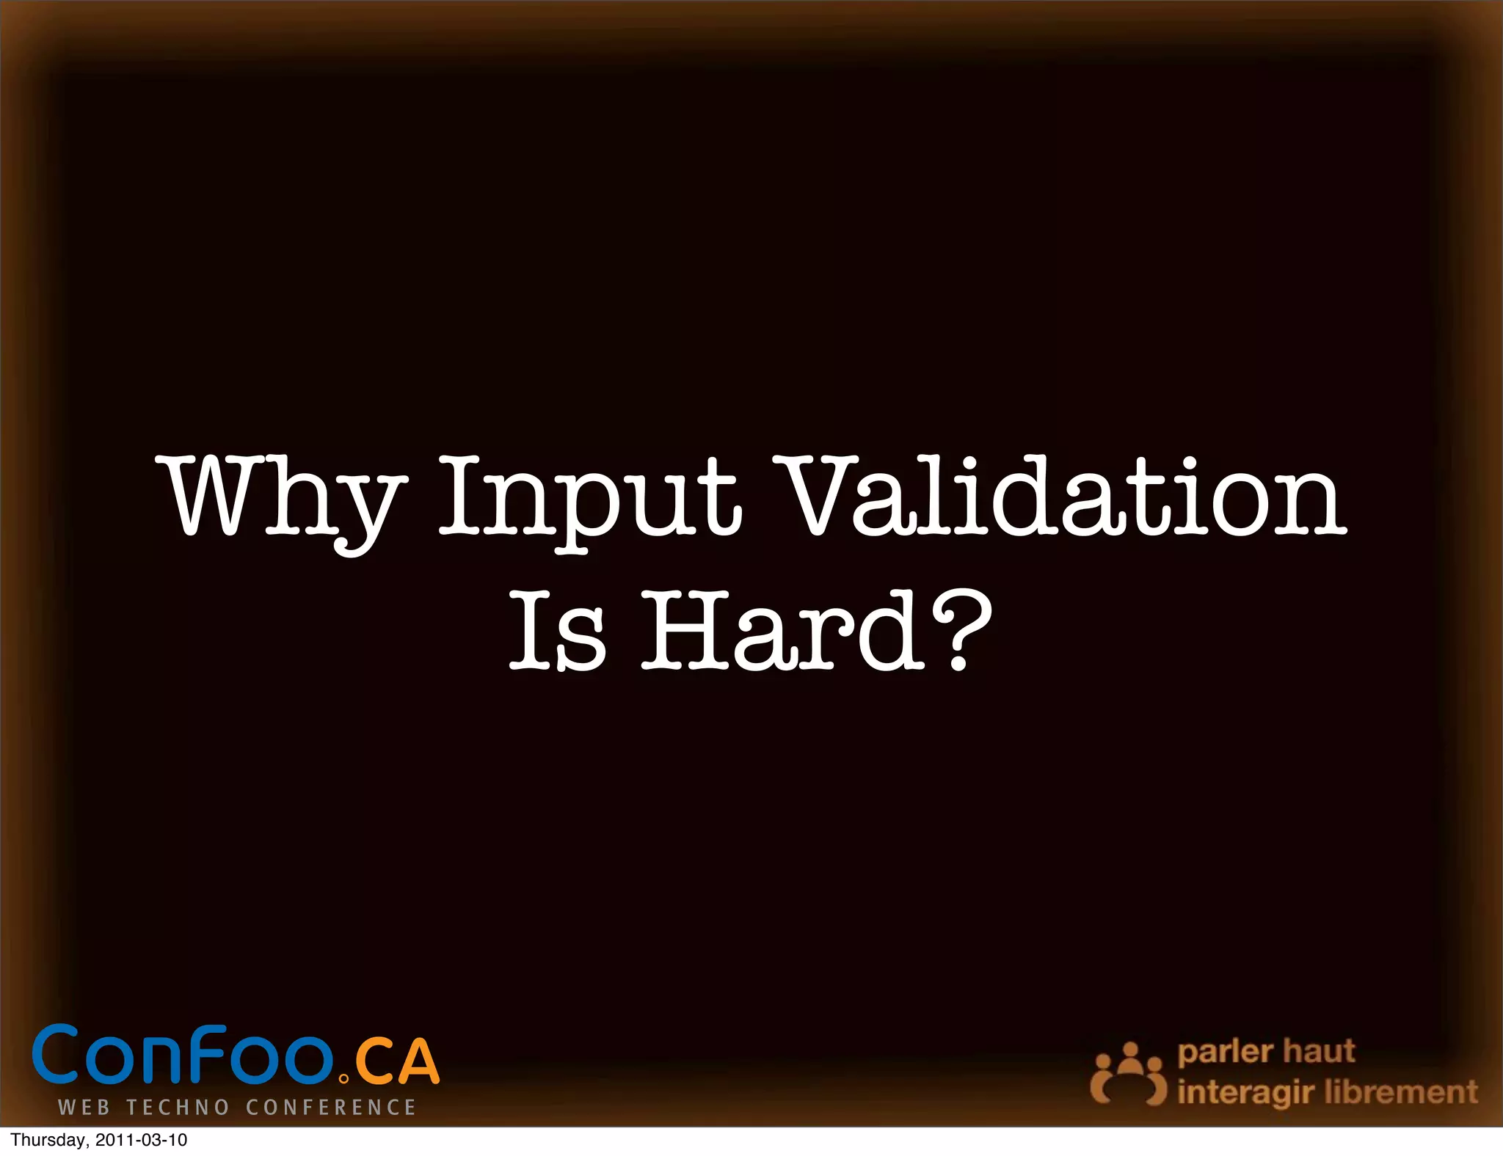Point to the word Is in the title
click(x=558, y=632)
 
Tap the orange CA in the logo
click(x=397, y=1061)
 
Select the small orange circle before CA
click(x=344, y=1079)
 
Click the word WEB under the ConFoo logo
click(x=84, y=1108)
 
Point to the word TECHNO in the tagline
click(x=178, y=1108)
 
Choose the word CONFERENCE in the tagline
click(x=331, y=1108)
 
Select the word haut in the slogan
click(x=1319, y=1050)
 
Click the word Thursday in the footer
click(x=48, y=1141)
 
